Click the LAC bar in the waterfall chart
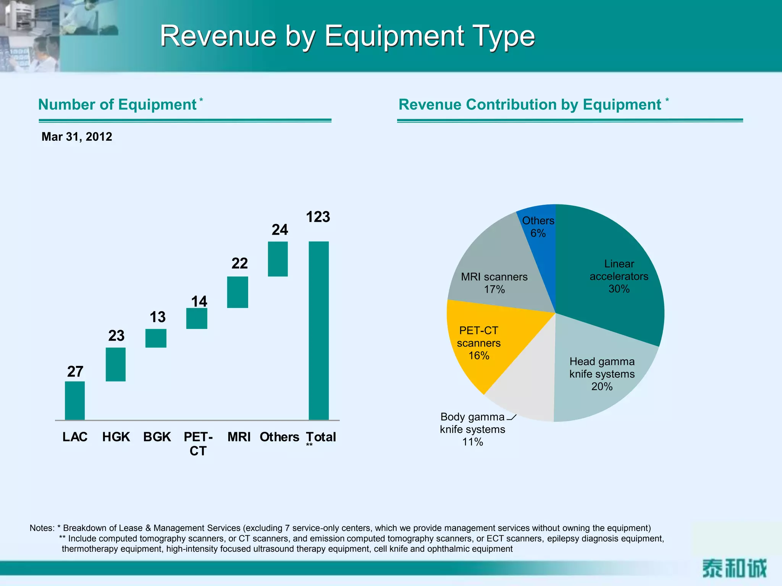[x=75, y=401]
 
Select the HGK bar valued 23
[x=116, y=364]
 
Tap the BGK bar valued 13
[x=156, y=338]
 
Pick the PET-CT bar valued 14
[x=197, y=318]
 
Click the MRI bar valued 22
[x=238, y=292]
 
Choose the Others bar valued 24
[x=278, y=259]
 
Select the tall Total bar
[x=318, y=331]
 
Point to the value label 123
[x=318, y=217]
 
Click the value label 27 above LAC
[x=75, y=372]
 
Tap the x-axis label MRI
[x=239, y=437]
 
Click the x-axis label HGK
[x=116, y=437]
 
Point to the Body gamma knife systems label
[x=472, y=429]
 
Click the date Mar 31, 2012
[x=77, y=137]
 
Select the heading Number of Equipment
[x=118, y=105]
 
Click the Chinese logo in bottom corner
[x=734, y=568]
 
